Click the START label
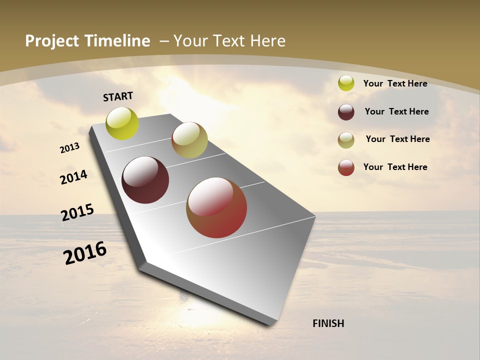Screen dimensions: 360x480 point(118,96)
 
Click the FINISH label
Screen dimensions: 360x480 point(328,323)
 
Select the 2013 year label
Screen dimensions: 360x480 point(70,148)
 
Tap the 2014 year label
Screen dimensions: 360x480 point(74,177)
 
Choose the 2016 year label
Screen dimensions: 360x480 point(85,253)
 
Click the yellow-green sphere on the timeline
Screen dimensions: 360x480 point(122,123)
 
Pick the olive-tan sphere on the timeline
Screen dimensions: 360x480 point(189,140)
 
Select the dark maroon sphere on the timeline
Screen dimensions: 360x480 point(145,180)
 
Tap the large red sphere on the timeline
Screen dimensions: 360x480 point(216,207)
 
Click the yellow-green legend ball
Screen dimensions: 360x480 point(346,83)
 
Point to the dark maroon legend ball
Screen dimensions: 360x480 point(346,112)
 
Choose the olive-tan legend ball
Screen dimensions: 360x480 point(346,140)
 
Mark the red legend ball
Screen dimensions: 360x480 point(346,167)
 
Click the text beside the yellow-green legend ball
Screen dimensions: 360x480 point(395,83)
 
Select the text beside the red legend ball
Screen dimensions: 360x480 point(395,167)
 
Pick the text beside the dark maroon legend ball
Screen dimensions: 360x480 point(396,111)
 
